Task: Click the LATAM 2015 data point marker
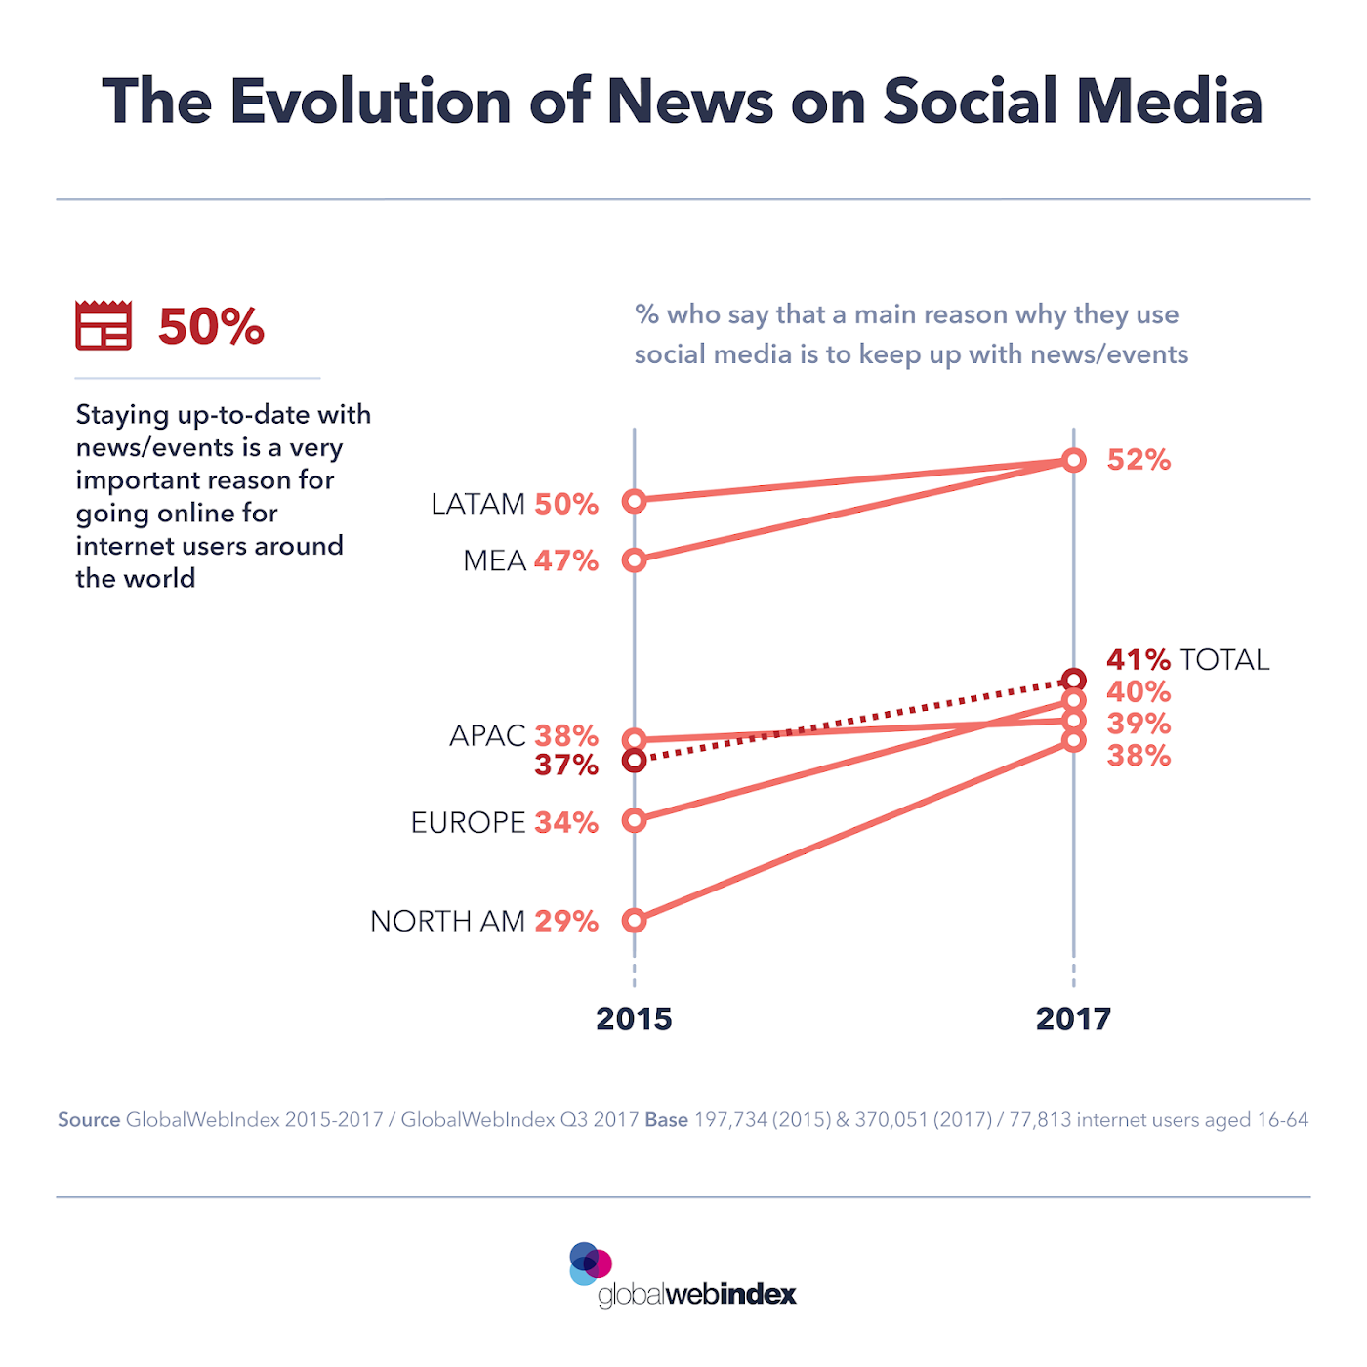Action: pyautogui.click(x=635, y=501)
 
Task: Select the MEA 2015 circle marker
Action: pyautogui.click(x=635, y=560)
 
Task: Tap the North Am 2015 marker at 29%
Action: pyautogui.click(x=635, y=921)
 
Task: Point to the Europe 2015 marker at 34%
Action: pyautogui.click(x=635, y=821)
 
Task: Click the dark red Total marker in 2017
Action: pyautogui.click(x=1074, y=680)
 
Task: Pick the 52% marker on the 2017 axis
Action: pyautogui.click(x=1074, y=460)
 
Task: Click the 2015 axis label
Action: pyautogui.click(x=634, y=1019)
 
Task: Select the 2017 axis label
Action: pyautogui.click(x=1073, y=1019)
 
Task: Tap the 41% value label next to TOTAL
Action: pyautogui.click(x=1138, y=660)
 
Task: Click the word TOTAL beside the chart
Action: pyautogui.click(x=1224, y=660)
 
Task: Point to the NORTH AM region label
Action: pyautogui.click(x=447, y=921)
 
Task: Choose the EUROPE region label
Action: pyautogui.click(x=468, y=822)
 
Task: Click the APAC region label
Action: pyautogui.click(x=487, y=735)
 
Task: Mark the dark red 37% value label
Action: pyautogui.click(x=566, y=766)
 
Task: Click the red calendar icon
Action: pyautogui.click(x=104, y=325)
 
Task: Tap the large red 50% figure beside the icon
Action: pyautogui.click(x=211, y=327)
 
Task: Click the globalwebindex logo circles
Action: pyautogui.click(x=590, y=1263)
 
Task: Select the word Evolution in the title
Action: pyautogui.click(x=370, y=102)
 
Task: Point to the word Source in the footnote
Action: pyautogui.click(x=89, y=1120)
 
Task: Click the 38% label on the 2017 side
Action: pyautogui.click(x=1139, y=756)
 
